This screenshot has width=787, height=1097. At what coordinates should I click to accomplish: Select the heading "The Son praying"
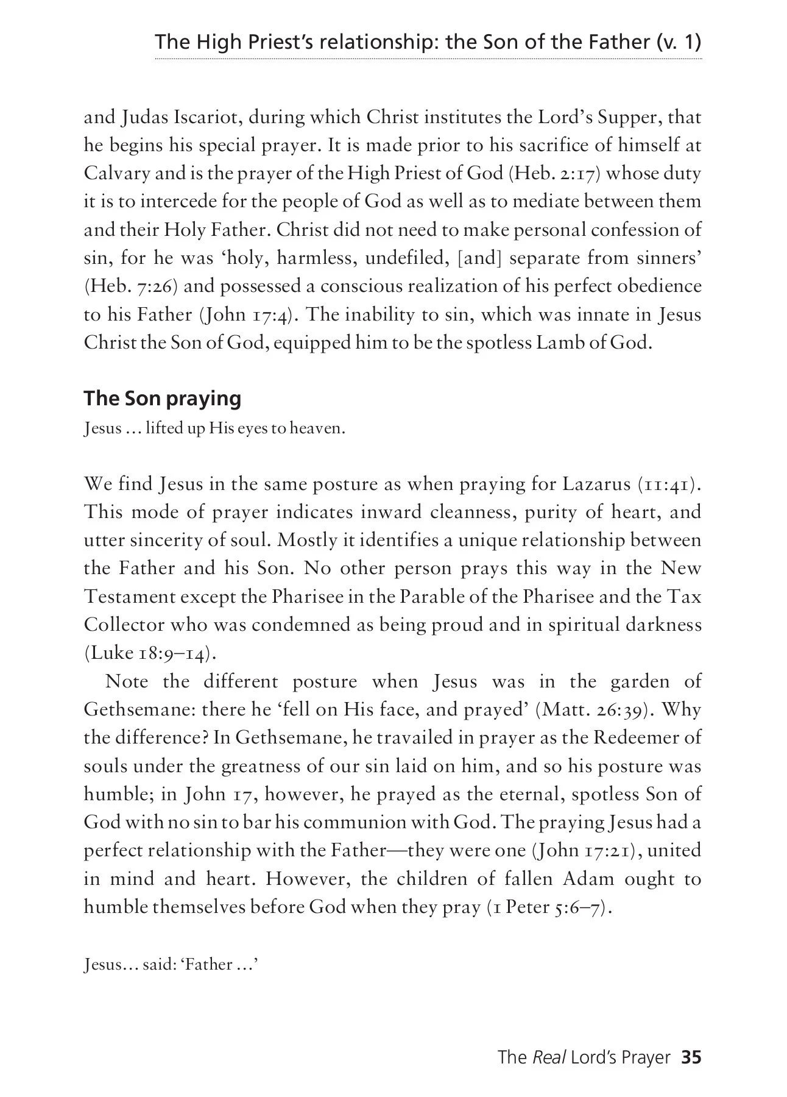tap(162, 398)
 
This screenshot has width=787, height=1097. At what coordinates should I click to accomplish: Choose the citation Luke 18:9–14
tap(150, 653)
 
